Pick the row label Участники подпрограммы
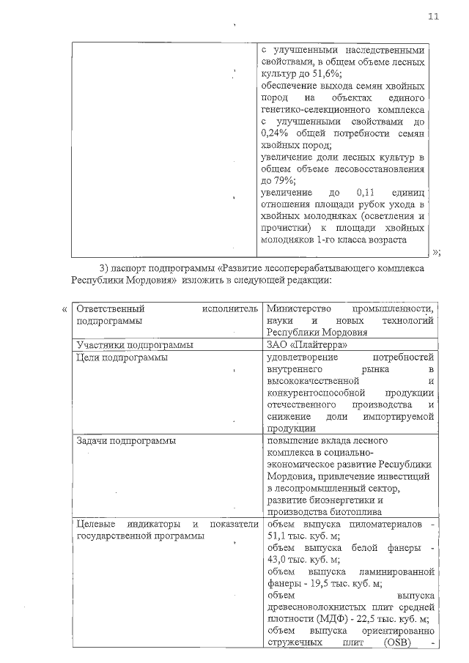tap(135, 345)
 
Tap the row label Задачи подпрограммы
tap(125, 441)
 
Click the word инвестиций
tap(403, 476)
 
